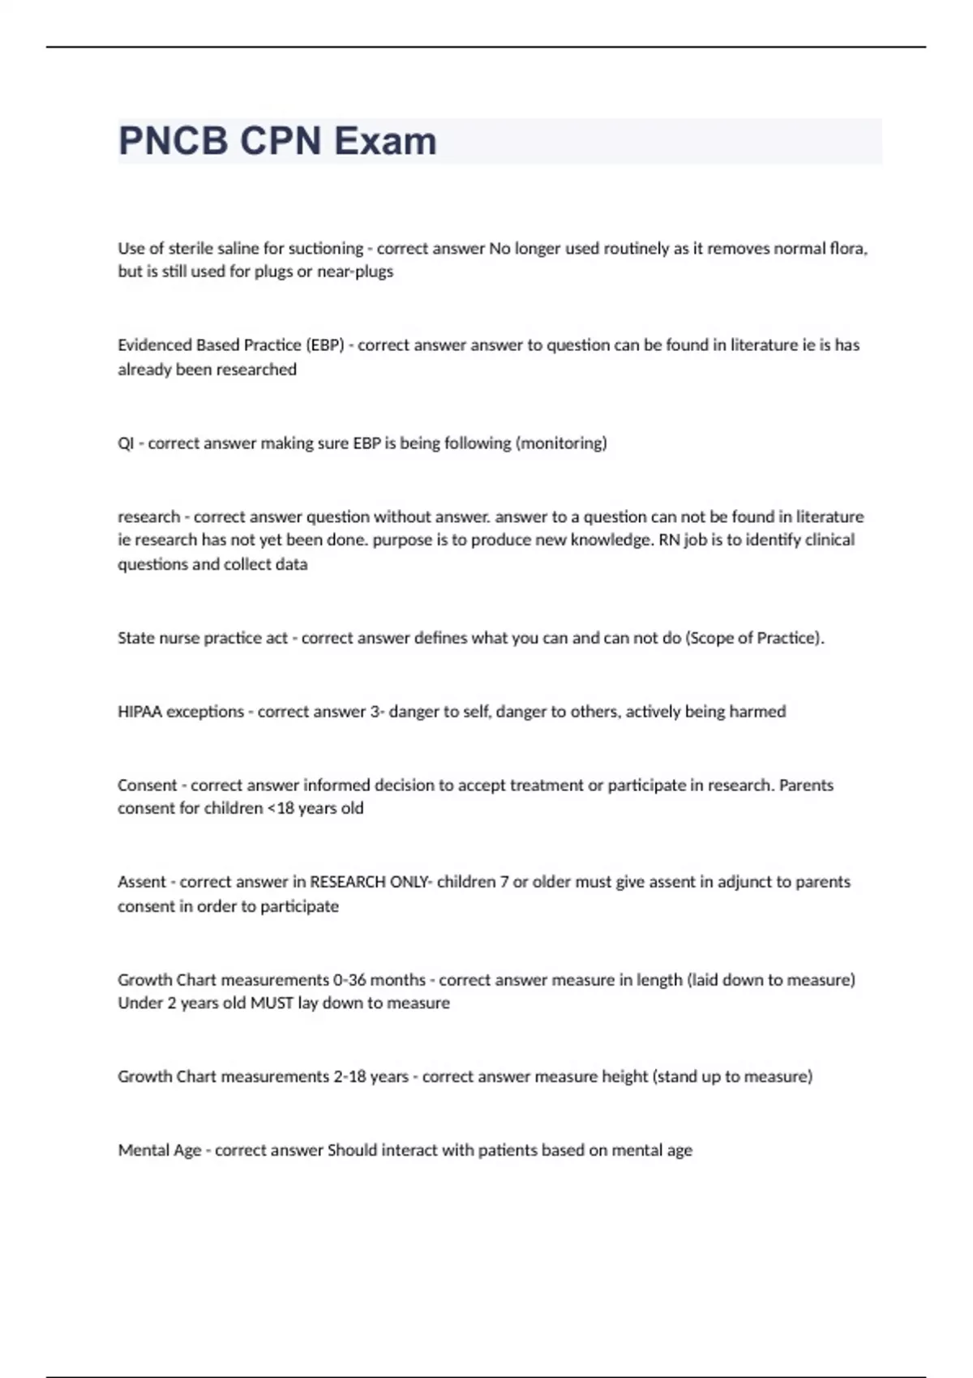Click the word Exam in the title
(x=385, y=141)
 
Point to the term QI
(x=126, y=443)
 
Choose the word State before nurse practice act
(x=136, y=638)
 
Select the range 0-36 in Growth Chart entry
(x=350, y=980)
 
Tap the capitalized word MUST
(x=272, y=1003)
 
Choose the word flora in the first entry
(x=848, y=249)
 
